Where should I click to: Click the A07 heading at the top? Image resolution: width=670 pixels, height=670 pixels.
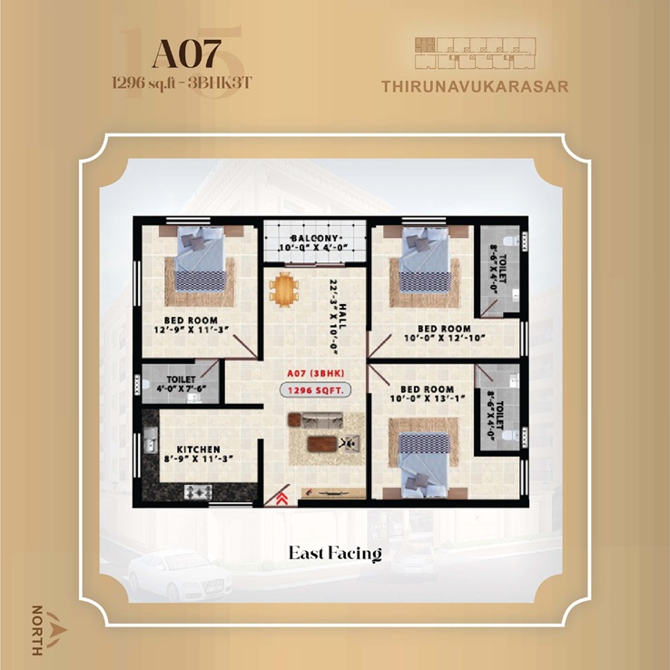pos(186,54)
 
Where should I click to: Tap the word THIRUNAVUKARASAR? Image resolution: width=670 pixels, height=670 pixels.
pos(476,87)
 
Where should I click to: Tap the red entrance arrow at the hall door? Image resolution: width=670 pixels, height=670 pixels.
pos(282,496)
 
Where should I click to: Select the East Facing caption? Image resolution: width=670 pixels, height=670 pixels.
pos(335,552)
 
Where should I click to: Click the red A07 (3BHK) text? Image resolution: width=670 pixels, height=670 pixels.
pos(314,372)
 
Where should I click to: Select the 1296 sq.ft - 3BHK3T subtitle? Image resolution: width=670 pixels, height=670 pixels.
pos(180,81)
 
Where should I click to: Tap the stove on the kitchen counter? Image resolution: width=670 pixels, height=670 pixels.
pos(197,491)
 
